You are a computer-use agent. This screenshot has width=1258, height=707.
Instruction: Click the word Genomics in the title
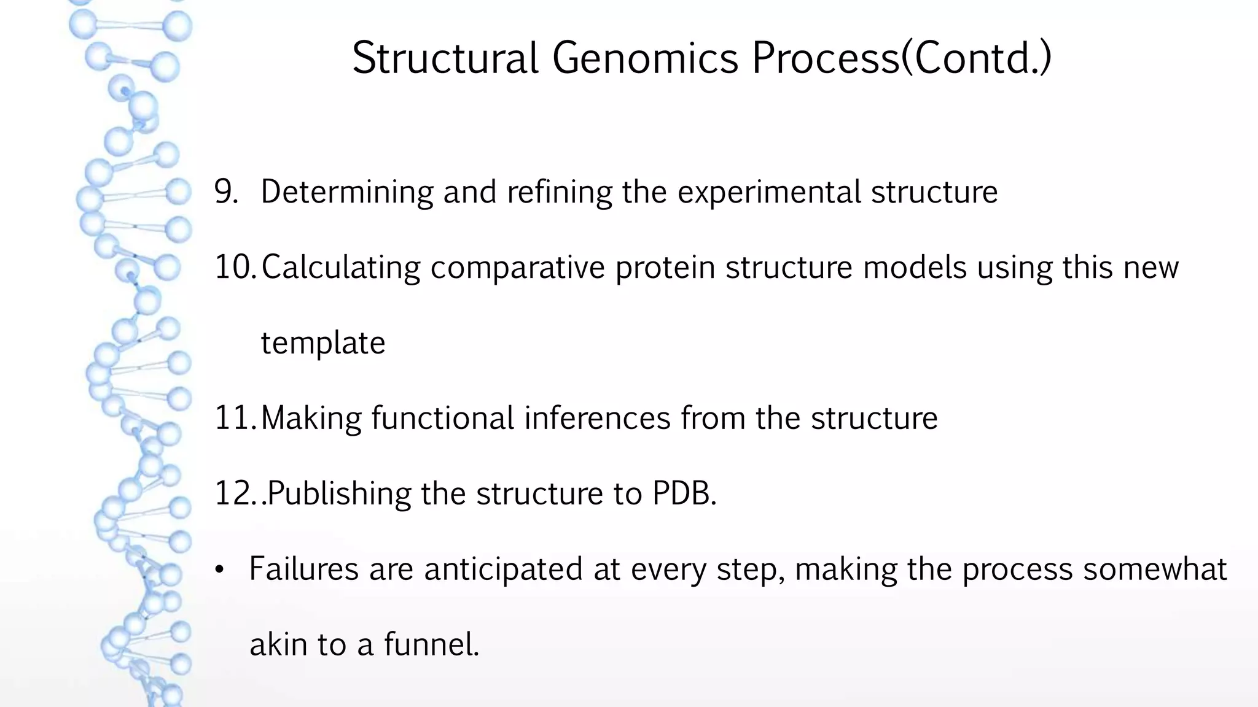(644, 59)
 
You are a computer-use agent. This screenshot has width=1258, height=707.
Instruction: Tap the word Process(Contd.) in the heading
(901, 59)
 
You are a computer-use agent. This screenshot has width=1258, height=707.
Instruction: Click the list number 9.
(226, 191)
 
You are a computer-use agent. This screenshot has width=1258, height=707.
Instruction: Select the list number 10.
(235, 268)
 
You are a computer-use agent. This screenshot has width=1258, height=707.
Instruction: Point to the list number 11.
(235, 419)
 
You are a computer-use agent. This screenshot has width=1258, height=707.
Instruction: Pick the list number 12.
(235, 494)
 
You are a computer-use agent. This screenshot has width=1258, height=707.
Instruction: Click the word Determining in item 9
(346, 192)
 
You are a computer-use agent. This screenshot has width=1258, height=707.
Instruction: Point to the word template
(323, 343)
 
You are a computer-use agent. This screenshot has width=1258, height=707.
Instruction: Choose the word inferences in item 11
(597, 419)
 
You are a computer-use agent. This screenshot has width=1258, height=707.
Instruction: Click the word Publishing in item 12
(339, 494)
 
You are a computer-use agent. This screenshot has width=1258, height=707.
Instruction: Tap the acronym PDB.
(684, 493)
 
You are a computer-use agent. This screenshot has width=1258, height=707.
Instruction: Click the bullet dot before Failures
(219, 571)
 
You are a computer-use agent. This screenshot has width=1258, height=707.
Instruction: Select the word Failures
(303, 569)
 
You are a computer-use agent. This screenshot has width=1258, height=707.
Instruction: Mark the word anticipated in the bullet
(503, 570)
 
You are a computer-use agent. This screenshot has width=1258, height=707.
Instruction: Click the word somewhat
(1154, 569)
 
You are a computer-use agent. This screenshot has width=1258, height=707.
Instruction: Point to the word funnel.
(431, 644)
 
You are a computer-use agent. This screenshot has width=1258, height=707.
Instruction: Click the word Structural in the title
(445, 59)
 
